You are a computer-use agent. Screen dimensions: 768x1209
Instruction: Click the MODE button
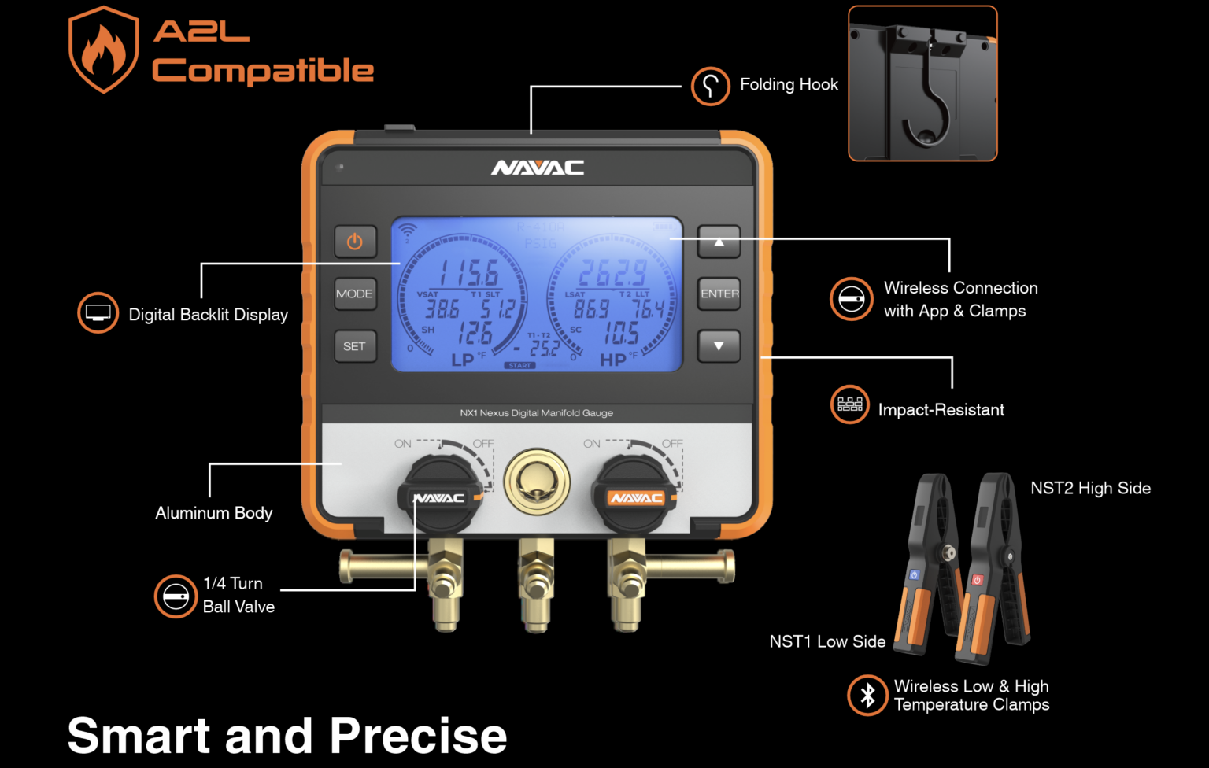tap(354, 294)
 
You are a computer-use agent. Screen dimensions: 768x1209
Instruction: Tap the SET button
tap(354, 346)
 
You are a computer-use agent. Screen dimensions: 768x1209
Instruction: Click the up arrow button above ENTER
tap(719, 242)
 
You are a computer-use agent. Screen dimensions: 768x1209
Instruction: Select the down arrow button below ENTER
tap(719, 346)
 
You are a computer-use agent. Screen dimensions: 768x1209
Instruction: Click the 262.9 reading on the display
tap(612, 274)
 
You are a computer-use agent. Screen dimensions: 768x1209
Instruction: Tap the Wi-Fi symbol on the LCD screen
tap(407, 231)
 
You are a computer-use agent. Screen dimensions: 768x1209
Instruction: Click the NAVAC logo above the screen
tap(538, 168)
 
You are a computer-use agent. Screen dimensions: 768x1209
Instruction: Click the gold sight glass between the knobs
tap(537, 482)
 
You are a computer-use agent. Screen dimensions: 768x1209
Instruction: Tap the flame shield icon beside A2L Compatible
tap(103, 50)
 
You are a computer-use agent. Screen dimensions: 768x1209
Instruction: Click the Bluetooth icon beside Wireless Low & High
tap(867, 696)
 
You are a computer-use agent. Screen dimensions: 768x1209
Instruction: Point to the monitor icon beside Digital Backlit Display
tap(98, 313)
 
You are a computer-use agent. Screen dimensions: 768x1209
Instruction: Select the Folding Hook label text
tap(789, 85)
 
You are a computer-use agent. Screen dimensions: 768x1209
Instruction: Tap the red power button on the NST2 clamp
tap(977, 580)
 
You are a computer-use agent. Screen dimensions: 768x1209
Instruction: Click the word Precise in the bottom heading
tap(418, 737)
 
